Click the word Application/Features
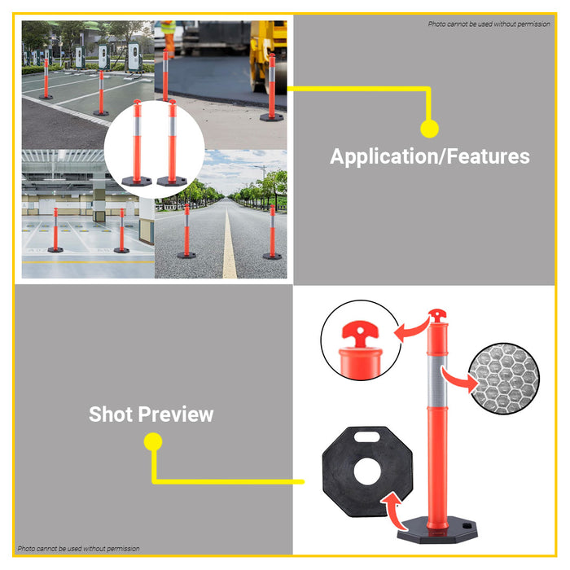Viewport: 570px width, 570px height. (429, 156)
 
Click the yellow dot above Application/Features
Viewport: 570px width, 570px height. (429, 128)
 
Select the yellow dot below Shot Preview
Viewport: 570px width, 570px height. (152, 442)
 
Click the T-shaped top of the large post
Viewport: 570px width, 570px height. (437, 315)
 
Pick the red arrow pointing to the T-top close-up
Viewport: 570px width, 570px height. (413, 328)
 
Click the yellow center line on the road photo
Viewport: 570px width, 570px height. (229, 244)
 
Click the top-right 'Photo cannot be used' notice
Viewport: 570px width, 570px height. (489, 24)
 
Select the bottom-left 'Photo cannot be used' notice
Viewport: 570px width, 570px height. (78, 549)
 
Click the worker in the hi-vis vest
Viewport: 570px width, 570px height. (169, 37)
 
